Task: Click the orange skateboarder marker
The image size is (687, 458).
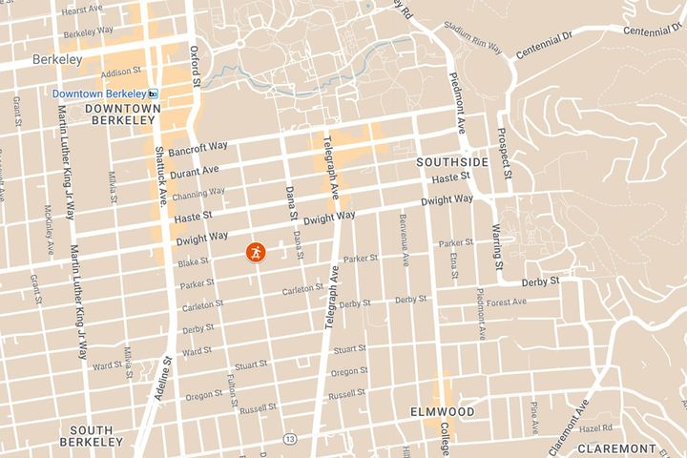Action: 257,252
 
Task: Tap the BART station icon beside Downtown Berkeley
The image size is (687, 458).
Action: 154,94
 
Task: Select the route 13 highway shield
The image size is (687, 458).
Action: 288,437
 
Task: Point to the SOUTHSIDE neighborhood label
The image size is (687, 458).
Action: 452,163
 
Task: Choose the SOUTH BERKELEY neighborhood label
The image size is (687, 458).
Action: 91,436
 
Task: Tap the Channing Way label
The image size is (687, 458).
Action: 198,191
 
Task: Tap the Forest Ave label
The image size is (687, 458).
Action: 506,302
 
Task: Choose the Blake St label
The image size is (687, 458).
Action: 193,262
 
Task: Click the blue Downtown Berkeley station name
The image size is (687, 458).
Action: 98,94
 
